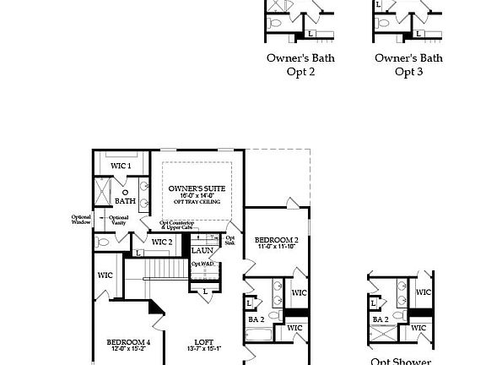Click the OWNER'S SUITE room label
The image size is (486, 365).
[195, 188]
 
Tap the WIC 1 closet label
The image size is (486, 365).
[121, 166]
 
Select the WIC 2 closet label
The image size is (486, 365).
[162, 242]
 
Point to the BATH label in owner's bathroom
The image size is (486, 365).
[125, 201]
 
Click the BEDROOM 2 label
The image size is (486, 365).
[277, 241]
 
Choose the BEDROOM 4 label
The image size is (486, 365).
[128, 342]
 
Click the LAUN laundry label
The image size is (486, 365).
[202, 250]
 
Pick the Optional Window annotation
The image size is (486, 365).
[81, 220]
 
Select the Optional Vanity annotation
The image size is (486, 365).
[118, 220]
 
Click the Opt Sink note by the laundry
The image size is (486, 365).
[229, 240]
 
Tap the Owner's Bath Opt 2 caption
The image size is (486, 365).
[300, 65]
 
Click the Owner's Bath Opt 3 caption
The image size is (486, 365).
[408, 65]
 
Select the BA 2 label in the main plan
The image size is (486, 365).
[256, 319]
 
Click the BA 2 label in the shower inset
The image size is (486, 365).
[381, 319]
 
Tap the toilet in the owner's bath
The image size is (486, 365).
[104, 242]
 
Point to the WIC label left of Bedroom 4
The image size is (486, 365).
[105, 275]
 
